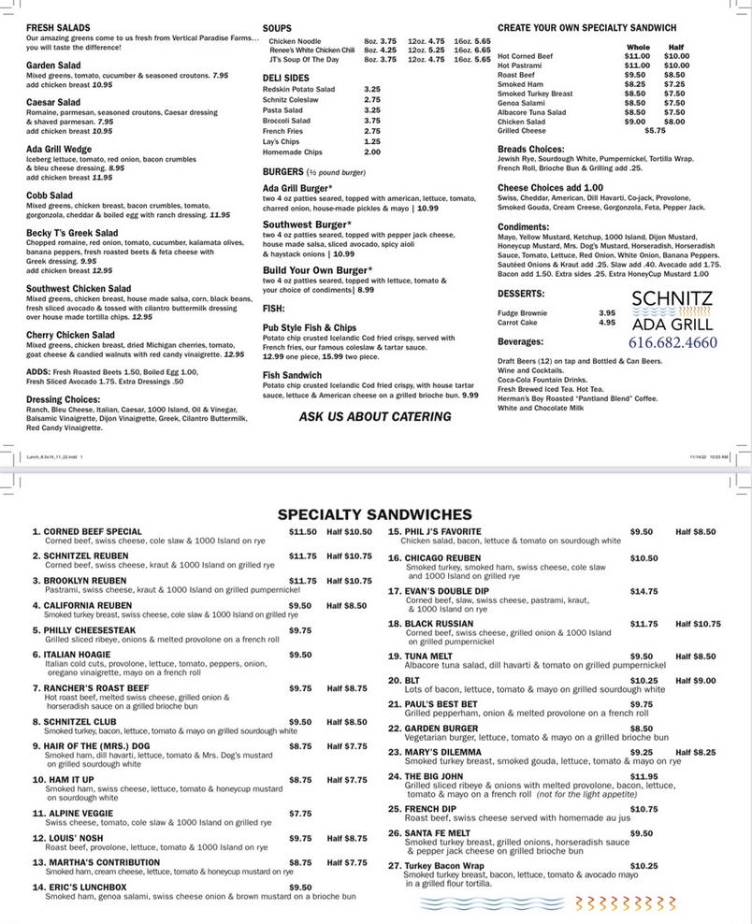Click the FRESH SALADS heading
click(x=58, y=28)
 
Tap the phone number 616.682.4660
click(x=673, y=342)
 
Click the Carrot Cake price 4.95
click(x=607, y=323)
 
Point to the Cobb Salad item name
click(x=50, y=195)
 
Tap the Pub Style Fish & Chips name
click(x=310, y=328)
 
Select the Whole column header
click(x=638, y=47)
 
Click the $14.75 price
click(x=644, y=591)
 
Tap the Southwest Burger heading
click(x=307, y=224)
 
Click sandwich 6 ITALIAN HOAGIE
click(x=77, y=655)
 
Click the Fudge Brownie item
click(x=522, y=312)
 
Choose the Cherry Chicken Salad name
click(x=71, y=335)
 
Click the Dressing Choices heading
click(x=64, y=399)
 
